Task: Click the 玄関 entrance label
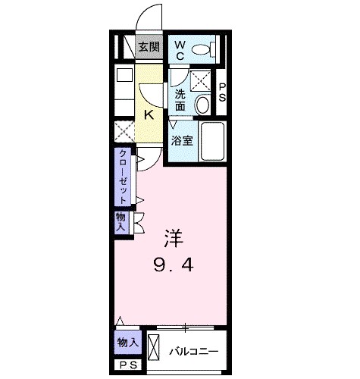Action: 149,47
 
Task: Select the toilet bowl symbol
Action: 202,51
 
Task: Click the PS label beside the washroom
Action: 223,92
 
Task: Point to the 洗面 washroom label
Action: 180,100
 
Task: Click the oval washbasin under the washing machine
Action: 203,105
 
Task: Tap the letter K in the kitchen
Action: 149,115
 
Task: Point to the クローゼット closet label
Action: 122,177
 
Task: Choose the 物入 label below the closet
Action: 121,221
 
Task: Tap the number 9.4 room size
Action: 174,266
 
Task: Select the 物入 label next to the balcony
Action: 127,343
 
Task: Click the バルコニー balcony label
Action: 193,351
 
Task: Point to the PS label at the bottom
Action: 126,365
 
